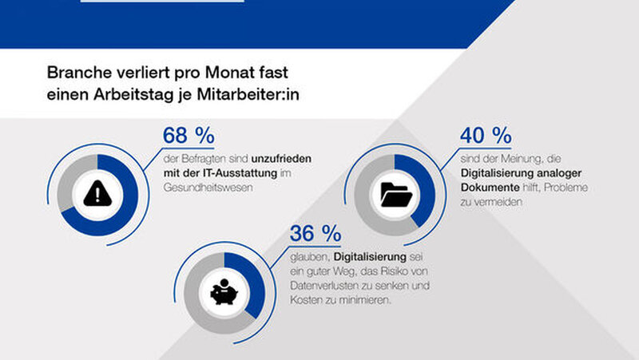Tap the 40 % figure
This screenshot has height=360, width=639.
[487, 136]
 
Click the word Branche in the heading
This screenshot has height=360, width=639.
[77, 73]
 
